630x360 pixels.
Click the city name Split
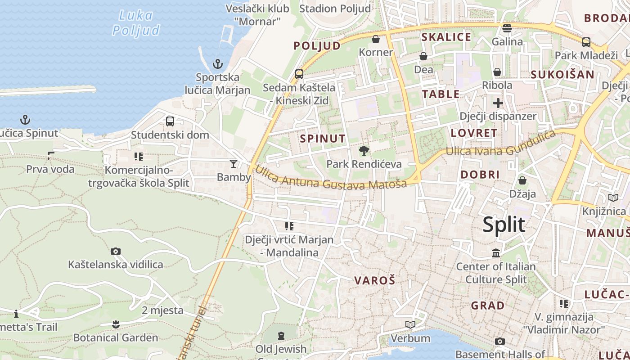pyautogui.click(x=504, y=224)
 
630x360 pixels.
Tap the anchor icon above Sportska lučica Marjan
pyautogui.click(x=218, y=63)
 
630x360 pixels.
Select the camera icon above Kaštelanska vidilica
pyautogui.click(x=116, y=251)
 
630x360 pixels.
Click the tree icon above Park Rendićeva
pyautogui.click(x=364, y=151)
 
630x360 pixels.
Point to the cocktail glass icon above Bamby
pyautogui.click(x=234, y=163)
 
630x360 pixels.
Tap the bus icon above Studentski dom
pyautogui.click(x=170, y=121)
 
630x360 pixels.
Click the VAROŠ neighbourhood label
pyautogui.click(x=374, y=281)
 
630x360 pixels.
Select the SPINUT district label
pyautogui.click(x=323, y=139)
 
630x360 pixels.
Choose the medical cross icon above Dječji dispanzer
pyautogui.click(x=498, y=103)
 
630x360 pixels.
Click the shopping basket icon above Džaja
pyautogui.click(x=522, y=180)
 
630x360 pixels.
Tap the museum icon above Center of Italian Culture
pyautogui.click(x=496, y=253)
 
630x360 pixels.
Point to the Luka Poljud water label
pyautogui.click(x=136, y=22)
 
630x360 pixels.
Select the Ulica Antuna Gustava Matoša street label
pyautogui.click(x=331, y=178)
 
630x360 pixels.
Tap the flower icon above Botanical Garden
pyautogui.click(x=116, y=324)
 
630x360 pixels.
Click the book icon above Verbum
pyautogui.click(x=410, y=324)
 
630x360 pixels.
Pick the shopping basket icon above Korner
pyautogui.click(x=376, y=39)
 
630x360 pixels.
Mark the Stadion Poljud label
pyautogui.click(x=335, y=9)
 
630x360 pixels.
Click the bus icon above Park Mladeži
pyautogui.click(x=586, y=42)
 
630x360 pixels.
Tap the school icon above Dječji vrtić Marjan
pyautogui.click(x=289, y=226)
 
